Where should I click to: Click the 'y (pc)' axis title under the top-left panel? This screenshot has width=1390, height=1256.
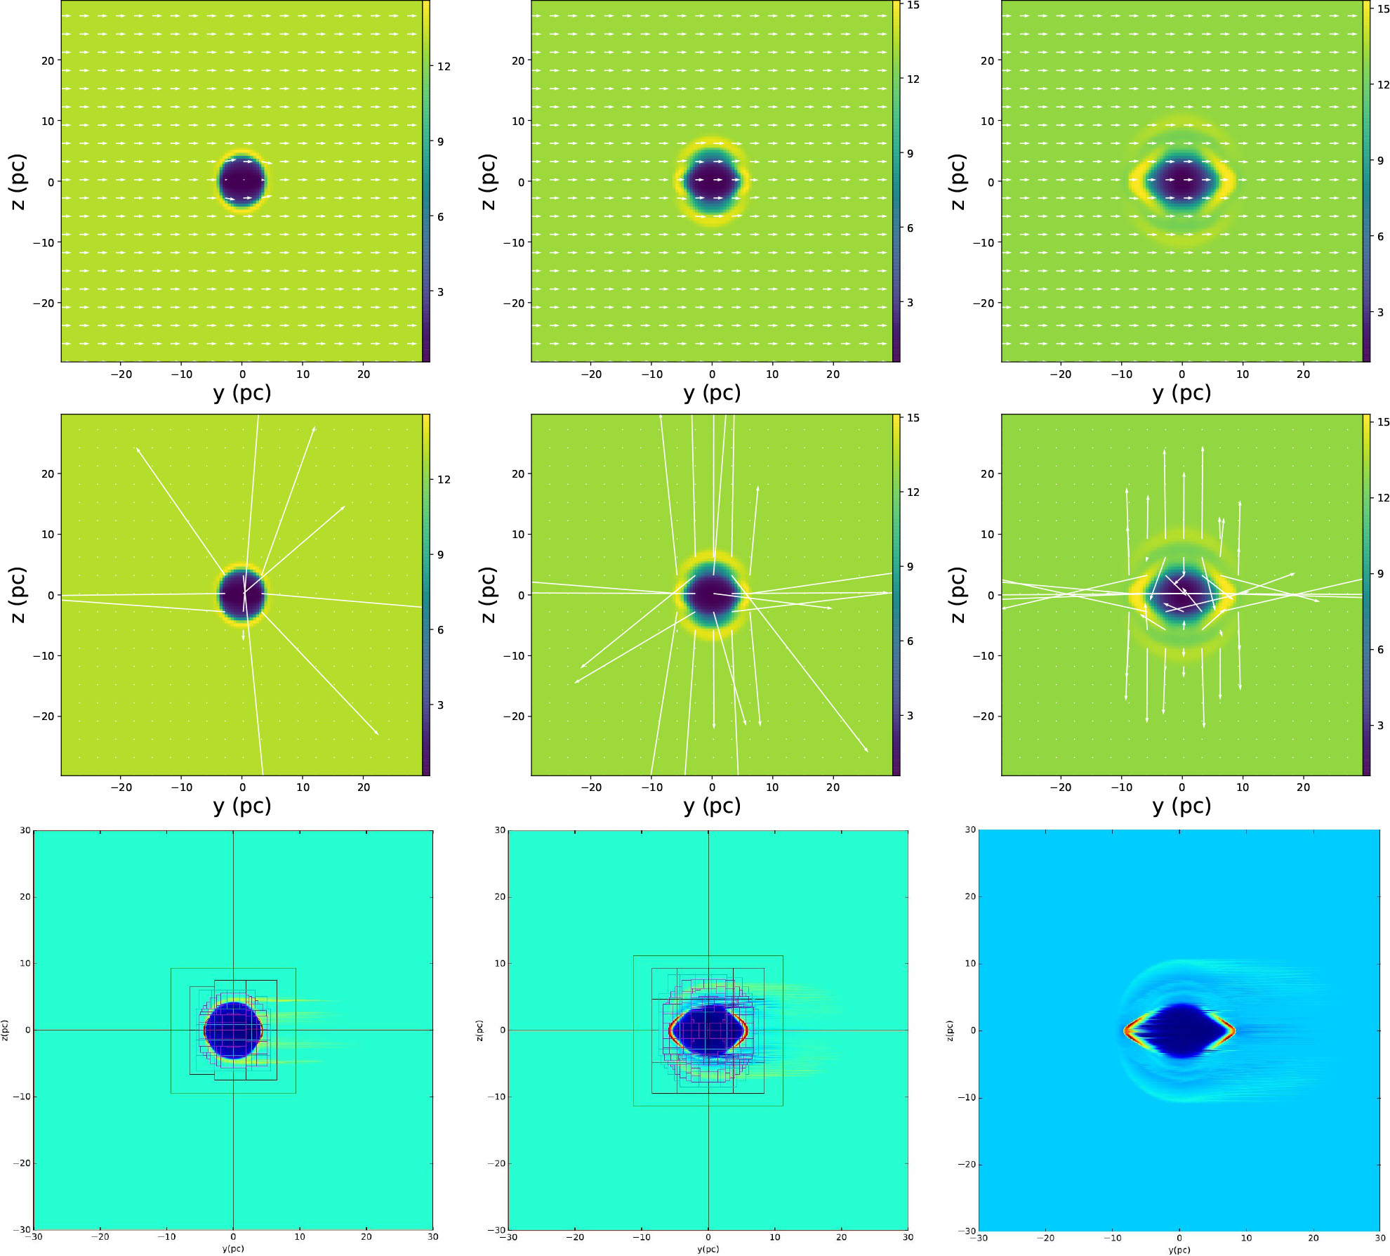pyautogui.click(x=242, y=393)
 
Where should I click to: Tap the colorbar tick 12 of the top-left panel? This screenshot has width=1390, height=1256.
pyautogui.click(x=444, y=67)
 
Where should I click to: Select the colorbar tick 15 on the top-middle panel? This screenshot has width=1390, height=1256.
pyautogui.click(x=913, y=5)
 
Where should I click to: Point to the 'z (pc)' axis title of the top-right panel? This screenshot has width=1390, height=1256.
pyautogui.click(x=958, y=181)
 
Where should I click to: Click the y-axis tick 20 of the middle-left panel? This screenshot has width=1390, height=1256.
pyautogui.click(x=47, y=474)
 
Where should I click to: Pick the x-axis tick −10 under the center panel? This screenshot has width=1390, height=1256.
pyautogui.click(x=651, y=787)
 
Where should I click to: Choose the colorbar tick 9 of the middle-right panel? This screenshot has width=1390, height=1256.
pyautogui.click(x=1380, y=574)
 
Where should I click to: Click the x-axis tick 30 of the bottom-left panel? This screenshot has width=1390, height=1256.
pyautogui.click(x=432, y=1237)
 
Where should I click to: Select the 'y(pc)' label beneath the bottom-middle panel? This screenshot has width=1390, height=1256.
pyautogui.click(x=708, y=1249)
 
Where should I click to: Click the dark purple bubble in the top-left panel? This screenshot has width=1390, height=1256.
pyautogui.click(x=242, y=181)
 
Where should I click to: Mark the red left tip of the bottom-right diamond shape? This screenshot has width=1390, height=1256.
pyautogui.click(x=1125, y=1031)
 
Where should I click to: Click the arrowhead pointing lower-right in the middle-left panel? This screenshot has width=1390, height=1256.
pyautogui.click(x=377, y=734)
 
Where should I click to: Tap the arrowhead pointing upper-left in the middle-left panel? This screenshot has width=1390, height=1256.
pyautogui.click(x=138, y=449)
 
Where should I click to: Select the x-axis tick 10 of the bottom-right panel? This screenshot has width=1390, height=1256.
pyautogui.click(x=1246, y=1238)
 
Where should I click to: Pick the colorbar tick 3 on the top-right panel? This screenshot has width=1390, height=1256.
pyautogui.click(x=1380, y=313)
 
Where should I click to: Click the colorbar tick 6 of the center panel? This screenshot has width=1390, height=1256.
pyautogui.click(x=910, y=641)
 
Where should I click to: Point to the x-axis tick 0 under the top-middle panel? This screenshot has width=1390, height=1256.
pyautogui.click(x=712, y=374)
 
